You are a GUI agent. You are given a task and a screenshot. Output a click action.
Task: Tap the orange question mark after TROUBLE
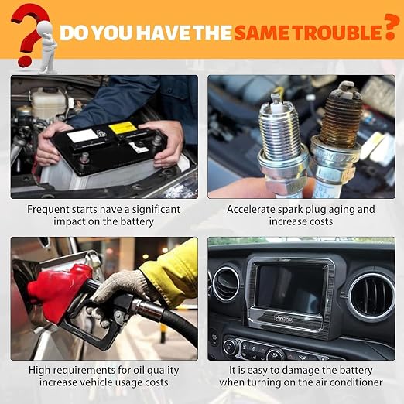(389, 26)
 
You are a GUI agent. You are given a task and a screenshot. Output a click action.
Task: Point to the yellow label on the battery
(122, 127)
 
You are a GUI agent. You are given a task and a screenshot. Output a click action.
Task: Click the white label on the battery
(83, 135)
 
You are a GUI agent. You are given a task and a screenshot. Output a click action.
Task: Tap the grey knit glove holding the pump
(118, 293)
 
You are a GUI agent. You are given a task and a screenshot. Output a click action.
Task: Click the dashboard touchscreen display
(291, 287)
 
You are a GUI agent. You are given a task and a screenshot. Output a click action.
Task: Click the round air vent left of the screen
(226, 284)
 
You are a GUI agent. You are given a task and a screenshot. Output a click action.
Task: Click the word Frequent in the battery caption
(48, 210)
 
